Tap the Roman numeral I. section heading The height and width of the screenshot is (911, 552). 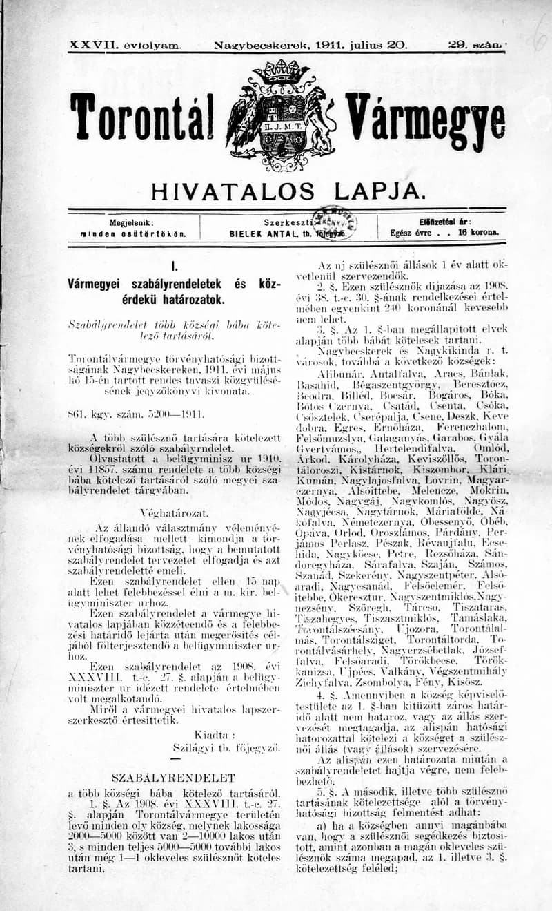[x=172, y=266]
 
